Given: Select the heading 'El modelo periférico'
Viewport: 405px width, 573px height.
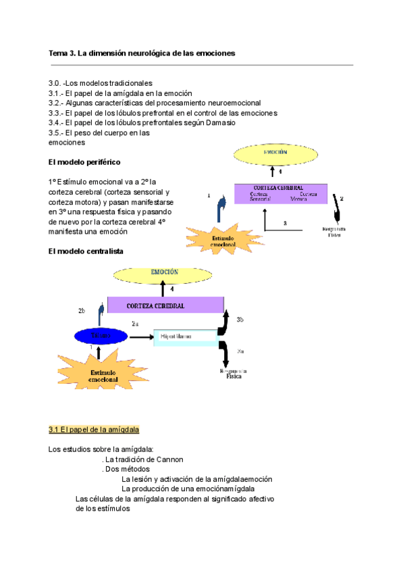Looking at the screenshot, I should [x=85, y=163].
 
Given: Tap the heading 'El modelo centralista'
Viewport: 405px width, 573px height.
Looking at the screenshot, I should [x=86, y=251].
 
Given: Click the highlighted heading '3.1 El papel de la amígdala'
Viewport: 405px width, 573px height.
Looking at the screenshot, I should [x=94, y=430].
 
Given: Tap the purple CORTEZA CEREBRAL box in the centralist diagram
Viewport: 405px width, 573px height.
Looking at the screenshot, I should [x=165, y=306].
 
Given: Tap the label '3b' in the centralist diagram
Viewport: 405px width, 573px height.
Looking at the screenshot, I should [x=240, y=320].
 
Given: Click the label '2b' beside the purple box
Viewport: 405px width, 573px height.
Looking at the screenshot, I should [x=81, y=310].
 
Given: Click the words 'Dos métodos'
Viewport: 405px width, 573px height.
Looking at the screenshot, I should [x=128, y=469].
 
